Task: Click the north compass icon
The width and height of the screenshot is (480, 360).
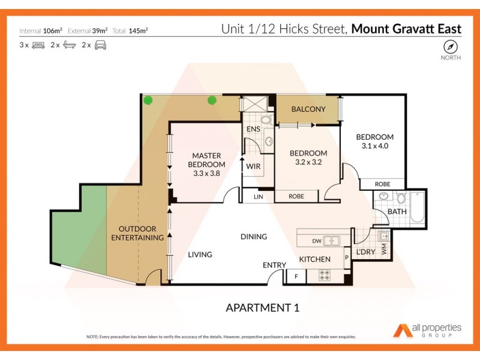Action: (x=450, y=47)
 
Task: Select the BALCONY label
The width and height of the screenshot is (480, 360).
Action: (x=308, y=109)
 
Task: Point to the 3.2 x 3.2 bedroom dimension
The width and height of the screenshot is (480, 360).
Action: (x=308, y=162)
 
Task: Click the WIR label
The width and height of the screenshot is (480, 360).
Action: (x=253, y=167)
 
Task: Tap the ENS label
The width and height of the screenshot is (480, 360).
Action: (x=253, y=129)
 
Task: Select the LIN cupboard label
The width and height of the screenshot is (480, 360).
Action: (x=258, y=196)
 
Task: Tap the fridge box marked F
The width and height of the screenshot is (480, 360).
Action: (x=296, y=277)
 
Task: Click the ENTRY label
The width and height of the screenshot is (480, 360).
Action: (x=274, y=265)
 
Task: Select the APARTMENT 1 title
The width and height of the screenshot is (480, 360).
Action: (x=262, y=308)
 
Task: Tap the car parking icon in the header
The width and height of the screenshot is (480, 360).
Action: (x=100, y=45)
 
